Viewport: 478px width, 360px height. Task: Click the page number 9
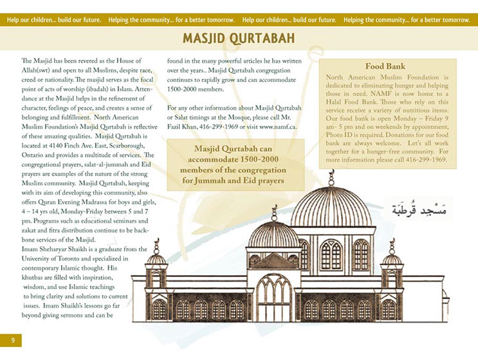tap(12, 339)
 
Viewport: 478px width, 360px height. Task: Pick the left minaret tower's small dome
tap(156, 258)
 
